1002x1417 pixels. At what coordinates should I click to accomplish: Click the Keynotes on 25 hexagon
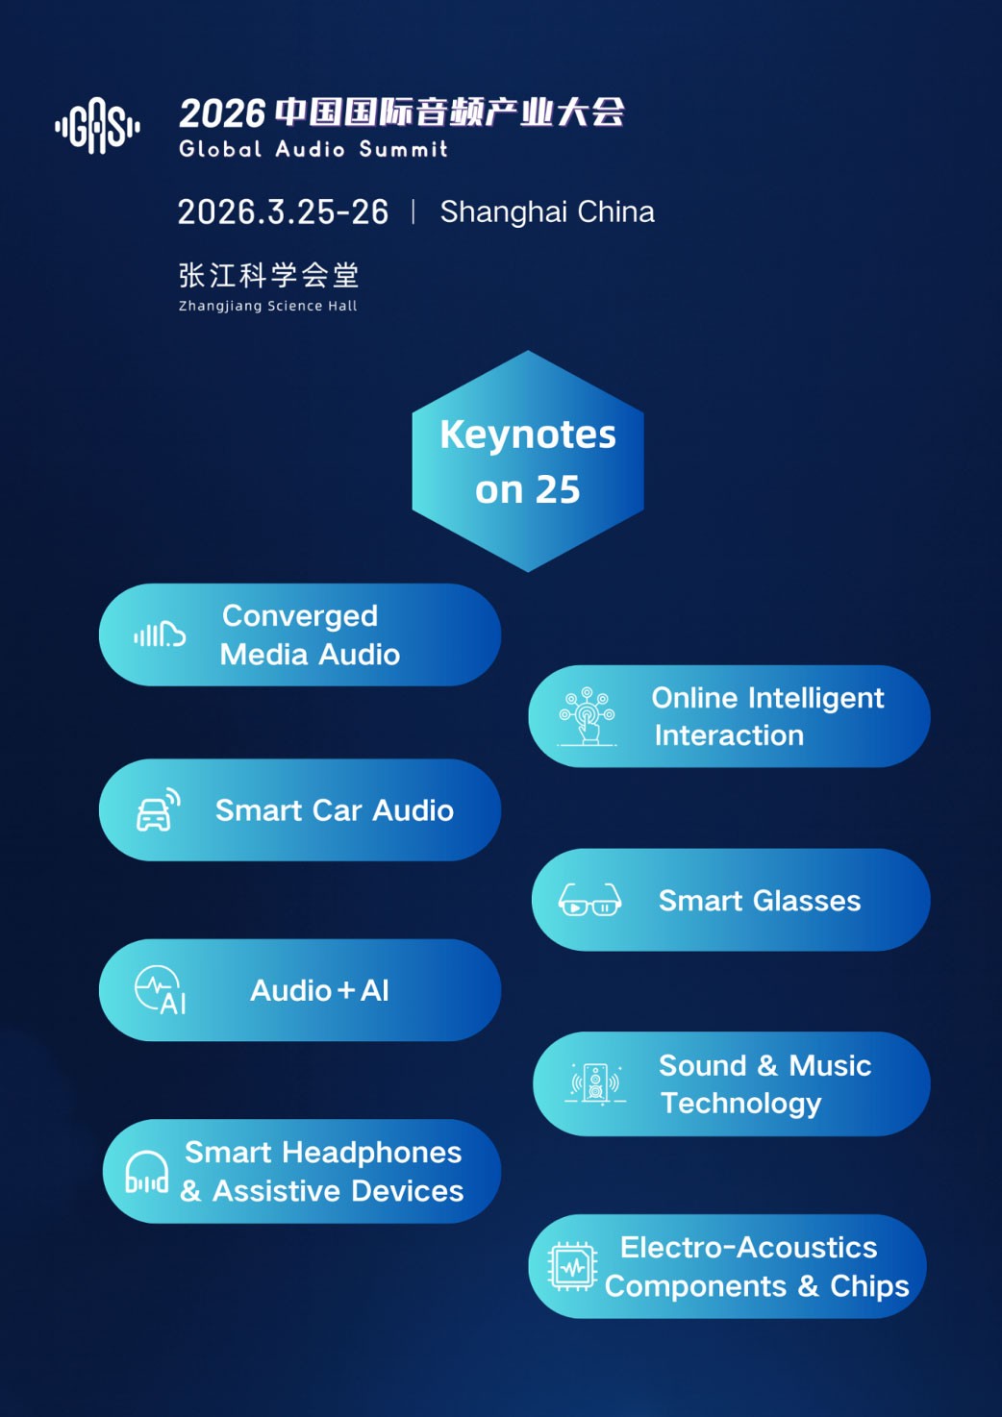[x=528, y=461]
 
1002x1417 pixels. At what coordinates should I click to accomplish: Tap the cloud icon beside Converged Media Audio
[x=160, y=634]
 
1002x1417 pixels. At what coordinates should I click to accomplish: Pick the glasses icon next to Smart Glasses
[x=589, y=900]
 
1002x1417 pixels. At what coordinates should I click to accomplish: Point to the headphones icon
[x=147, y=1172]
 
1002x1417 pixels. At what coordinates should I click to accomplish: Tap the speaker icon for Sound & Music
[x=595, y=1083]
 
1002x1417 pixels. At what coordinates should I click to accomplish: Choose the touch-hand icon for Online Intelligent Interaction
[x=587, y=716]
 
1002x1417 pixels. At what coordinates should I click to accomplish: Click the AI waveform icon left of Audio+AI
[x=160, y=990]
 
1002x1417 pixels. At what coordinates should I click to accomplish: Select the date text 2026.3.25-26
[x=283, y=211]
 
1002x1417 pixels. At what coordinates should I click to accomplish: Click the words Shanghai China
[x=547, y=212]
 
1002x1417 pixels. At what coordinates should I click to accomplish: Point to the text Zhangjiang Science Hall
[x=267, y=306]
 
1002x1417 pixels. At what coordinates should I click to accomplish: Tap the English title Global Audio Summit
[x=313, y=149]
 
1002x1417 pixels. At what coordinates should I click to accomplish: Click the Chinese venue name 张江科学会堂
[x=269, y=275]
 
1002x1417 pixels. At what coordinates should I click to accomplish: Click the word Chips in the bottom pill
[x=869, y=1286]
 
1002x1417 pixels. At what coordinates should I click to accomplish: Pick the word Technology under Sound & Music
[x=740, y=1104]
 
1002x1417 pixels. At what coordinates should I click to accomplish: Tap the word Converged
[x=300, y=616]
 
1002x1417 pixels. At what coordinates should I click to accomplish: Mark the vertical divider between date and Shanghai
[x=413, y=211]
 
